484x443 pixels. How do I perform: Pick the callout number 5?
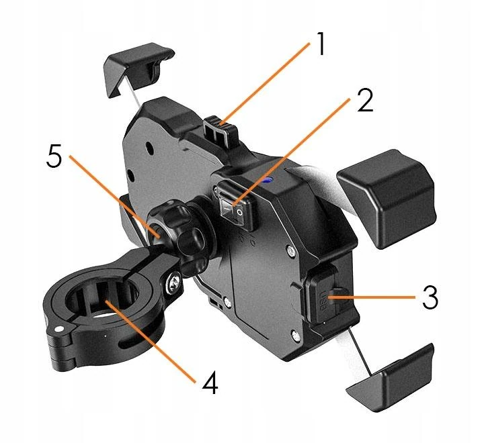(56, 158)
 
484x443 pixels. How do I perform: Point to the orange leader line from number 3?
(380, 296)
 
